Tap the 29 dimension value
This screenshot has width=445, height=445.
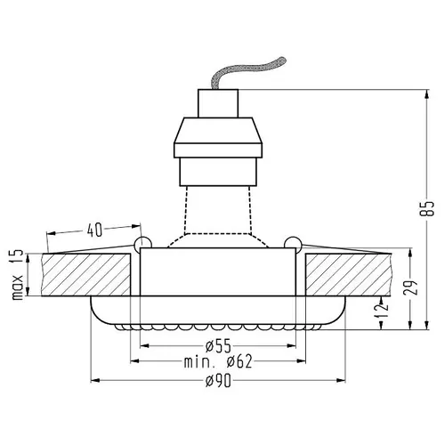coord(410,287)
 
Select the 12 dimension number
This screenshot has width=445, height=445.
coord(383,310)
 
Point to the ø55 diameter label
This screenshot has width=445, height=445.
coord(218,345)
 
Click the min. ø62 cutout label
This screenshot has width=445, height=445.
coord(218,361)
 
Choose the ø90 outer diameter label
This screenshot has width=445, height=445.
coord(218,380)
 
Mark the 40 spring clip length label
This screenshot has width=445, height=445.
coord(94,230)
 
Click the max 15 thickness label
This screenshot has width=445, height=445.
coord(17,275)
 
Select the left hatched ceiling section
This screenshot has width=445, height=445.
coord(86,274)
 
